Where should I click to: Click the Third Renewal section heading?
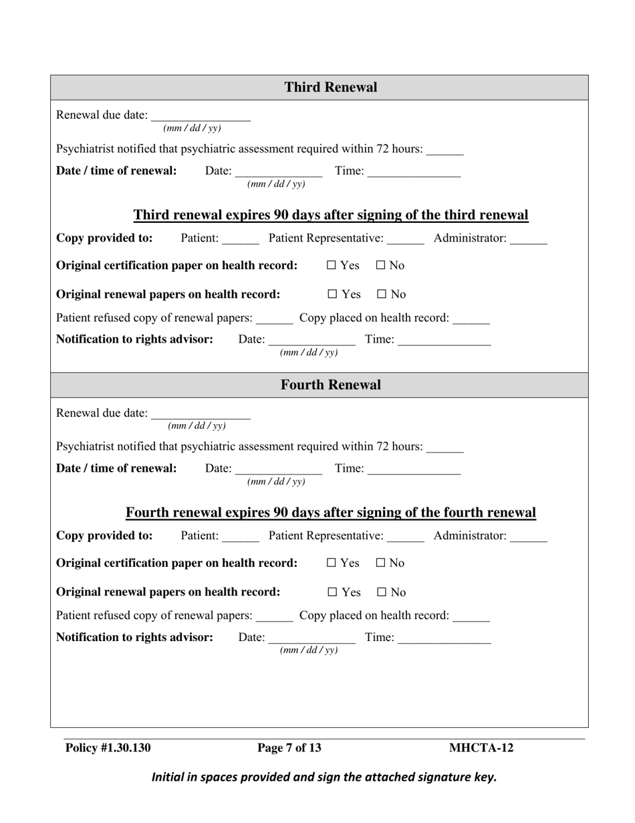click(x=330, y=88)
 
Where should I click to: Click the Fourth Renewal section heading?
click(x=330, y=385)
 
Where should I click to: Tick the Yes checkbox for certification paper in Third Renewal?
click(x=332, y=266)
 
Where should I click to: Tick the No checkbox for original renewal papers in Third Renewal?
click(x=382, y=294)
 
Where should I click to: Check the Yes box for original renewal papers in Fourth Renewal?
click(x=332, y=592)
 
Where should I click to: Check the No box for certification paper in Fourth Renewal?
click(x=380, y=563)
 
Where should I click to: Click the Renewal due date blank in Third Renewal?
click(x=201, y=116)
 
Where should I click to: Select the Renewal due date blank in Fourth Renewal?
click(x=201, y=414)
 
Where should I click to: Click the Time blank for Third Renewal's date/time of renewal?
click(x=414, y=173)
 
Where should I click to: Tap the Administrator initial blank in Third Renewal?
click(x=528, y=240)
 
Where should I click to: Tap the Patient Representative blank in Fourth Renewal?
click(x=405, y=537)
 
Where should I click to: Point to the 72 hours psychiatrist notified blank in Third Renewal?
click(x=444, y=151)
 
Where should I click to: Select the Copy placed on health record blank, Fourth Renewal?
click(x=471, y=617)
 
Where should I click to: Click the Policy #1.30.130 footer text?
click(x=108, y=748)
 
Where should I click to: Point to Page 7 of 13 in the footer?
click(x=289, y=748)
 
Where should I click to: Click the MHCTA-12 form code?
click(x=481, y=748)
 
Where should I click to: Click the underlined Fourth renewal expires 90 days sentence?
click(x=330, y=513)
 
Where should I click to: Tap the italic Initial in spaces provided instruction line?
click(x=324, y=778)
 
